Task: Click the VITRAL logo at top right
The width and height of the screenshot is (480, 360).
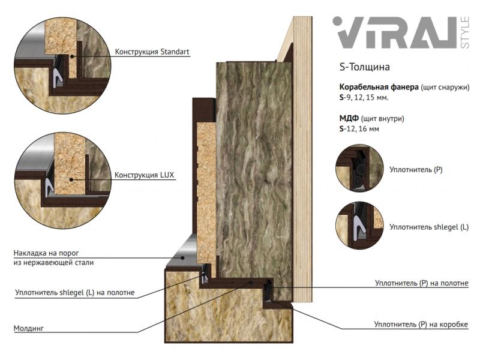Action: coord(401,32)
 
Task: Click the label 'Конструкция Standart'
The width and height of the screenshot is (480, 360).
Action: coord(152,52)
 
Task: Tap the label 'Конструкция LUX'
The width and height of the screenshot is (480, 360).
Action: coord(144,175)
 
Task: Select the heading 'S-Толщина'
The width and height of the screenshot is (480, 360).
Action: coord(365,67)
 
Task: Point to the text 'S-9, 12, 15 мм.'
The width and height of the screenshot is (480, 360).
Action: coord(364,98)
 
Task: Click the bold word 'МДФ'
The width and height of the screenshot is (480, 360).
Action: coord(349,118)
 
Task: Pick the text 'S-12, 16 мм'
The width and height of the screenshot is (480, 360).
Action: coord(359,129)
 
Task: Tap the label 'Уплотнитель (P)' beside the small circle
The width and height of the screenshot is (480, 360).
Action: coord(416,170)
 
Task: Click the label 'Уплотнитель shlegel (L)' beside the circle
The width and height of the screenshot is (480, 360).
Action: coord(429,227)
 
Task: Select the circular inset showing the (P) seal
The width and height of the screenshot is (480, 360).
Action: coord(359,169)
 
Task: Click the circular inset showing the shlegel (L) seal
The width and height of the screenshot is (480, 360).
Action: coord(359,226)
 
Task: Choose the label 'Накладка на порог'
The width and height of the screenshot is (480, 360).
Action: coord(46,253)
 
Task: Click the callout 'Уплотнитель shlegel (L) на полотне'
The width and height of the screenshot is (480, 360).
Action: coord(74,293)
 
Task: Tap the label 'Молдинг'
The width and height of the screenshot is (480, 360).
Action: coord(29,328)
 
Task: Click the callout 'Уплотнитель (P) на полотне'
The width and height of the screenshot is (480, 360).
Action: coord(422,283)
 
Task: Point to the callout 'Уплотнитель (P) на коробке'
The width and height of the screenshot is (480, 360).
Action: coord(421,324)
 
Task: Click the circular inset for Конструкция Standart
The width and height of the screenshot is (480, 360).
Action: coord(63,65)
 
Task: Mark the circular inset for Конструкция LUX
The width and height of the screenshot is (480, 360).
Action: coord(63,181)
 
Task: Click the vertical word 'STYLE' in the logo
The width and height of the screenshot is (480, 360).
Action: coord(464,32)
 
